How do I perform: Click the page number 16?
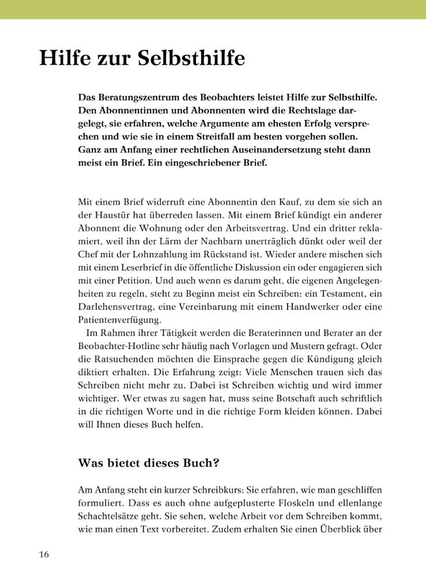pos(44,555)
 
